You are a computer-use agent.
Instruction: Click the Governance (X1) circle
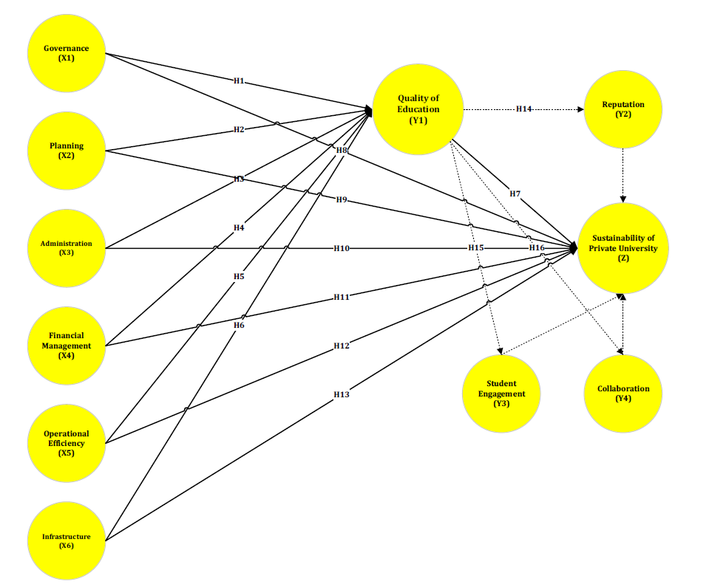(x=66, y=54)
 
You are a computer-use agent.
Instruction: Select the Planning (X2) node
(x=66, y=151)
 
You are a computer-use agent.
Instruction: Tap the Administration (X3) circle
(x=66, y=248)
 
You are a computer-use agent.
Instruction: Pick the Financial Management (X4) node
(x=66, y=346)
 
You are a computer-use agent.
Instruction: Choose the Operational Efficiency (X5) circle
(x=66, y=443)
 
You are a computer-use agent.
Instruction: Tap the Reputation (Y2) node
(x=622, y=109)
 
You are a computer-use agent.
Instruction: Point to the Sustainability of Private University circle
(x=622, y=248)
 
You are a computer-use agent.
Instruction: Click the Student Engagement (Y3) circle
(x=502, y=394)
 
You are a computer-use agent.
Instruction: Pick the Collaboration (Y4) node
(x=622, y=394)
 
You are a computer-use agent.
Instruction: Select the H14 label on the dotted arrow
(x=523, y=109)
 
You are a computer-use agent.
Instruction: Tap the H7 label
(x=515, y=193)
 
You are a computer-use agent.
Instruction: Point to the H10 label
(x=341, y=249)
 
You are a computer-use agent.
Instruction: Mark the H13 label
(x=341, y=394)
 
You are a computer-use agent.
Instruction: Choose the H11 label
(x=341, y=297)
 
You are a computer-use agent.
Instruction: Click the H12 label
(x=341, y=346)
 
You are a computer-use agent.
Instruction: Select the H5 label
(x=239, y=276)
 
